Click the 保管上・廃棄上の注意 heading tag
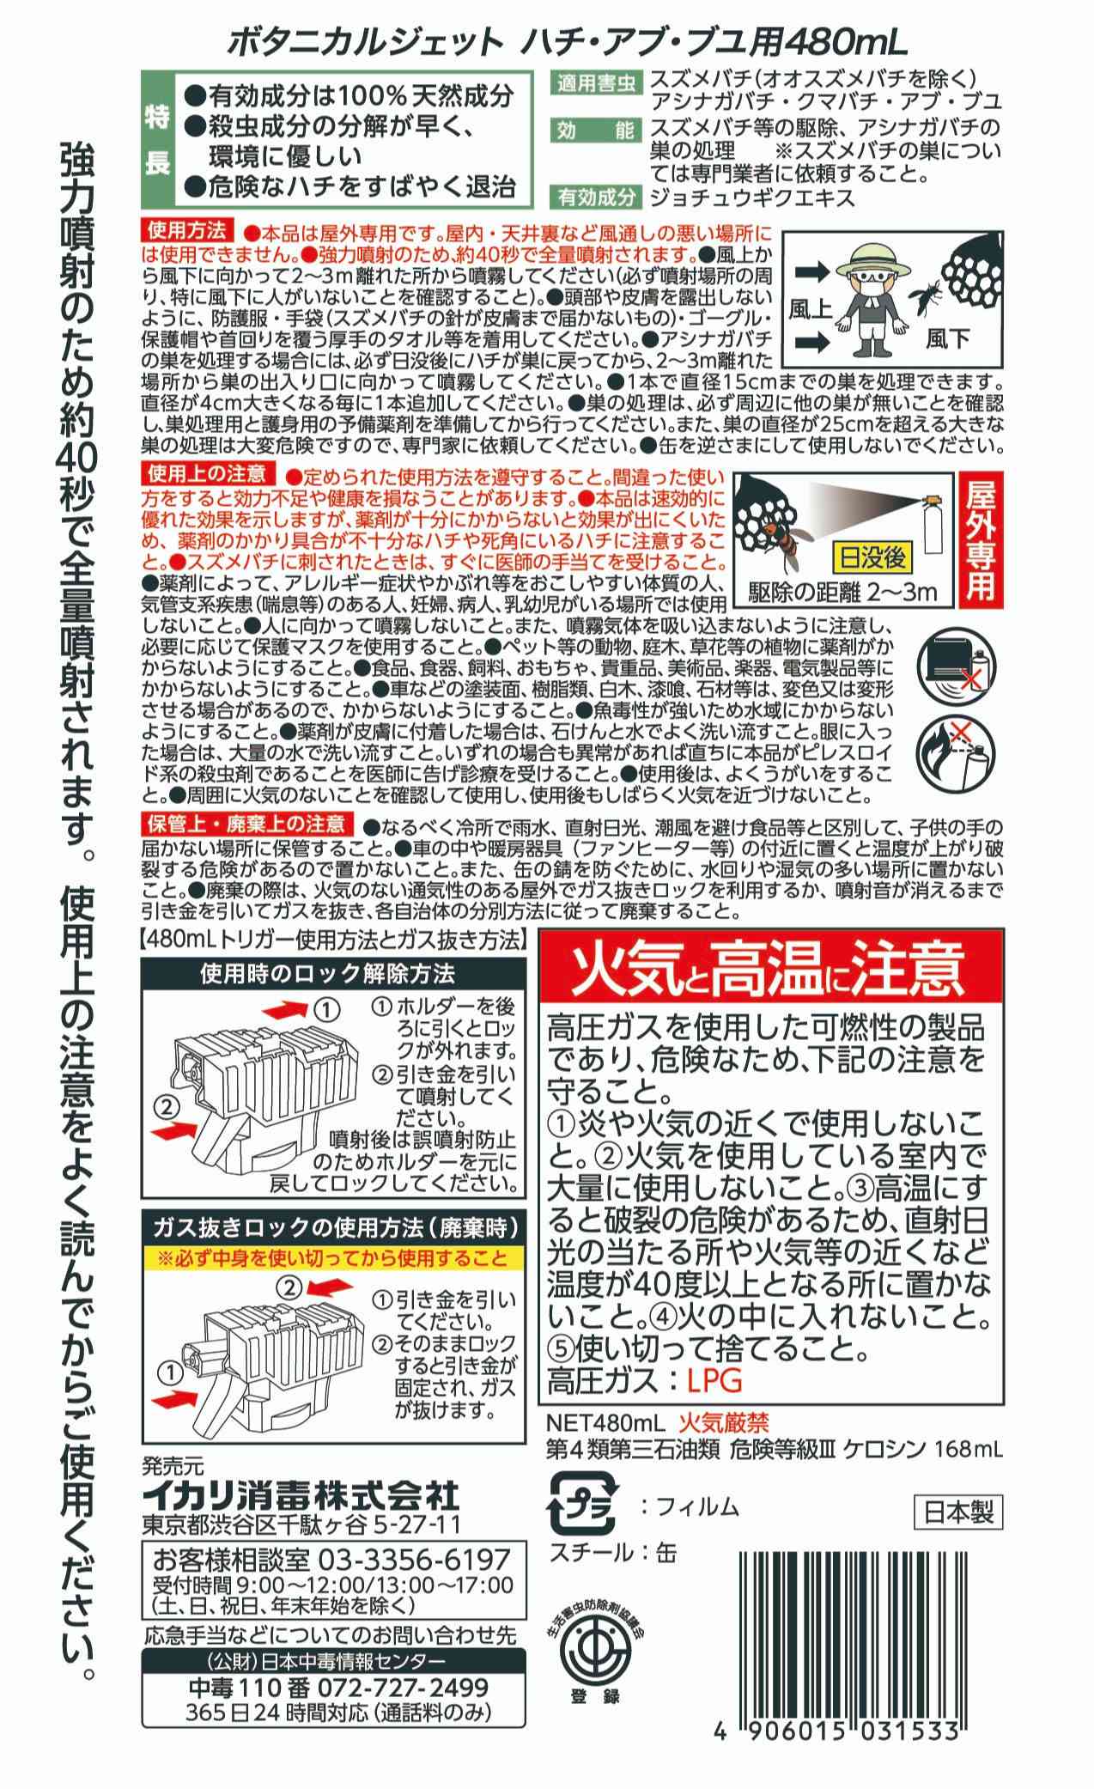[246, 824]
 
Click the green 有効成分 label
[596, 197]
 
